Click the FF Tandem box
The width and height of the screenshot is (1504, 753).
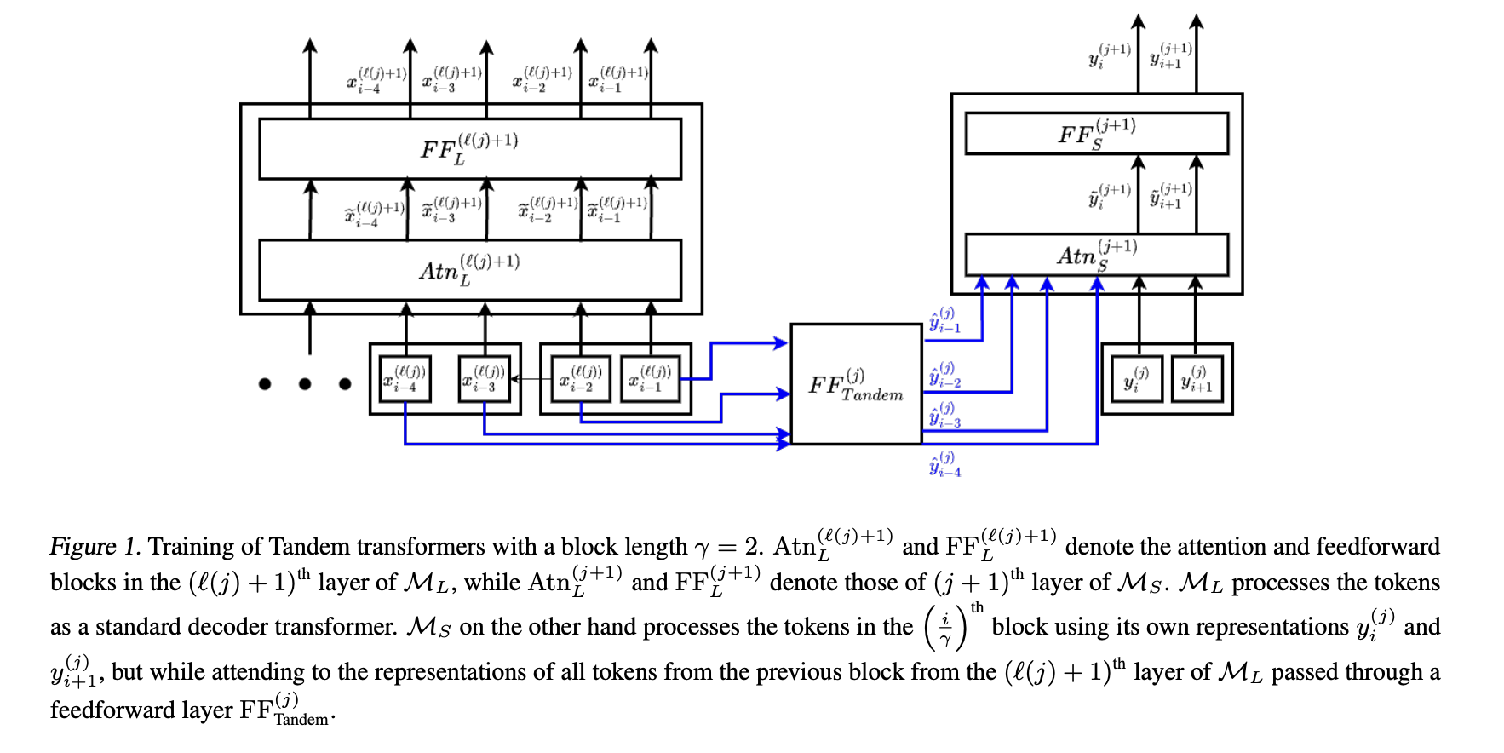856,384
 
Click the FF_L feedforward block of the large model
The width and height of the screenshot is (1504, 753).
469,149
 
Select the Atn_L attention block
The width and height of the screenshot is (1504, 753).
469,270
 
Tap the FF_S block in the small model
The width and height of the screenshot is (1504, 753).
1096,134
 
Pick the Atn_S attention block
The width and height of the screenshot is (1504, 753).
1096,255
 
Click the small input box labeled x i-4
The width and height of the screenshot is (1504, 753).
405,378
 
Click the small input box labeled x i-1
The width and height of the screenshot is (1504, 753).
651,378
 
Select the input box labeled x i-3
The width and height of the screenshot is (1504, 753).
484,378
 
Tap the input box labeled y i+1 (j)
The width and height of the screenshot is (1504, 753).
1196,379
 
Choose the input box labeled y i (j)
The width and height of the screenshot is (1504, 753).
1137,379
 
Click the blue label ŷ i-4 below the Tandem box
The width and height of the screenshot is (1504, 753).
944,466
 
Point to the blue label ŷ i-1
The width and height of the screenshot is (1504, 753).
944,320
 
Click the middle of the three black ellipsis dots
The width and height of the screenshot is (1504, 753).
305,384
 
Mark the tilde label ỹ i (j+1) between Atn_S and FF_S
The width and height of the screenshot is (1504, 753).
1109,197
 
